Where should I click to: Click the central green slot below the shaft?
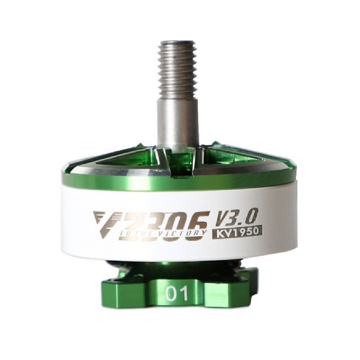pyautogui.click(x=178, y=163)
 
